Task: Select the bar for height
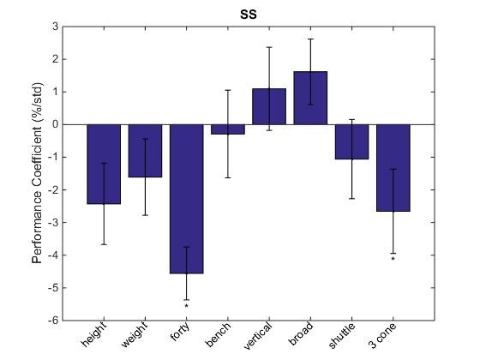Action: pos(104,164)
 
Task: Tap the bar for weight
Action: pos(145,151)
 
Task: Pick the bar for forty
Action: pos(186,199)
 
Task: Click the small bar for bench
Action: pos(228,129)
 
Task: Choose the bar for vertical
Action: pos(269,106)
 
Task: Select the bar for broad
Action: pos(310,98)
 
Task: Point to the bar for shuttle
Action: pos(351,141)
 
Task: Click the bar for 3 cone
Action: pos(393,168)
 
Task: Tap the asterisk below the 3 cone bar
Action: pos(393,259)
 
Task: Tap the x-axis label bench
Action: pos(221,336)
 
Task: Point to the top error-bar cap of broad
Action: pos(310,39)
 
